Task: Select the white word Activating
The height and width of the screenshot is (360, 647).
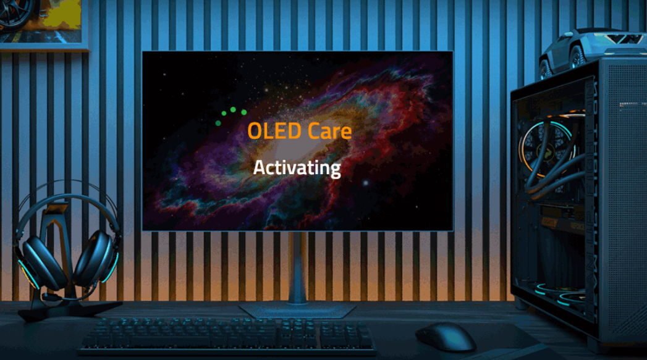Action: coord(297,167)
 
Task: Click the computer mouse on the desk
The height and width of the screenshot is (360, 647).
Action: coord(445,337)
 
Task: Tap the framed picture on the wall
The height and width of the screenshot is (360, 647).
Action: coord(40,22)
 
